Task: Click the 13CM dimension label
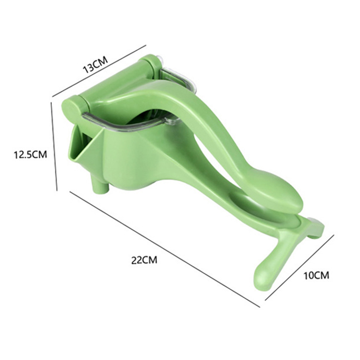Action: tap(95, 64)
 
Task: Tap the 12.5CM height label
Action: tap(31, 154)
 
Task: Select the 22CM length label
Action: tap(144, 260)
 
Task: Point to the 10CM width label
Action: tap(316, 275)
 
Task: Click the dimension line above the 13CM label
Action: tap(99, 71)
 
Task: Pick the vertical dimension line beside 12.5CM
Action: tap(54, 147)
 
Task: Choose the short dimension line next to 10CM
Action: tap(299, 267)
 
